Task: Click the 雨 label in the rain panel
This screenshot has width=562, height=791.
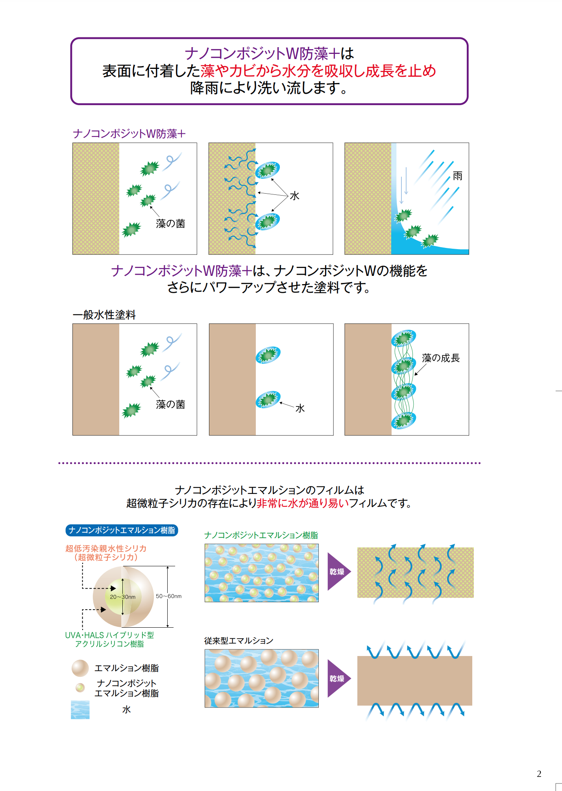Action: point(457,176)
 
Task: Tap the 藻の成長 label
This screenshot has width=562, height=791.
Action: point(440,358)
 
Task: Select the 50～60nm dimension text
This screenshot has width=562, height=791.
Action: point(168,596)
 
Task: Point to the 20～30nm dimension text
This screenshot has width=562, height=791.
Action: point(123,597)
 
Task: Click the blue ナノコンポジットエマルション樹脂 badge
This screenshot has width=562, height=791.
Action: point(122,530)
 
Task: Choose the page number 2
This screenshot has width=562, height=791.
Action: point(539,774)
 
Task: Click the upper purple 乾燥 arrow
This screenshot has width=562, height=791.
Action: point(338,571)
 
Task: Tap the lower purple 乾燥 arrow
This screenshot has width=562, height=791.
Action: point(338,678)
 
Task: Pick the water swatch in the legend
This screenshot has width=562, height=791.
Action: point(80,710)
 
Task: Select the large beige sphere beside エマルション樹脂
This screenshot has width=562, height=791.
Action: point(80,668)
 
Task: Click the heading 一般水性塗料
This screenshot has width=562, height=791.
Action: point(104,315)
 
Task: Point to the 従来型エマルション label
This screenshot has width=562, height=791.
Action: point(238,641)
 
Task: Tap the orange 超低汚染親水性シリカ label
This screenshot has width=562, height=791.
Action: point(106,549)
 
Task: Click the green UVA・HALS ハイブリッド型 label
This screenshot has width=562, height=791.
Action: point(109,635)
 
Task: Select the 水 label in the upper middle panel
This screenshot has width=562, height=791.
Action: point(294,196)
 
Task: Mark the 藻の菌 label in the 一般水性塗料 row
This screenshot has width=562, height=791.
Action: point(170,405)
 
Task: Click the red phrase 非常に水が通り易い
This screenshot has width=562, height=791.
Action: point(303,503)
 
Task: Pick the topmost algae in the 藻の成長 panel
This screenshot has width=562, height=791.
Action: point(404,338)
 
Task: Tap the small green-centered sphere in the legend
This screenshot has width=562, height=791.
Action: point(80,688)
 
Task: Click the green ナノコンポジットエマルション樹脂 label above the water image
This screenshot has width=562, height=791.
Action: point(261,536)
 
